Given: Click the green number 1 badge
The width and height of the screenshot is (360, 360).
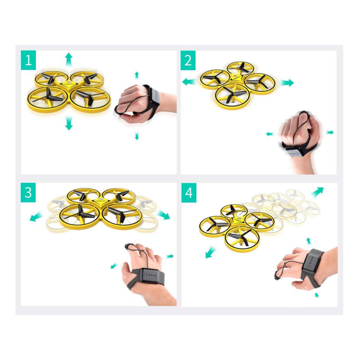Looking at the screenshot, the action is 28,60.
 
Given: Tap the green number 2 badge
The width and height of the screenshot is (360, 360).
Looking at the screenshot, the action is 188,60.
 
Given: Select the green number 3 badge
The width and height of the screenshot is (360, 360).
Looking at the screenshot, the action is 28,192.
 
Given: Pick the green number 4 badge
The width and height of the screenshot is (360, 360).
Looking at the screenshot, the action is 189,193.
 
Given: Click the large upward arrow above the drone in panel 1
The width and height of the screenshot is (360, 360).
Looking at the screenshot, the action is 69,59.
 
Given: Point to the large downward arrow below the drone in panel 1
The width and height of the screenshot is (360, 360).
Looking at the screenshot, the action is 69,123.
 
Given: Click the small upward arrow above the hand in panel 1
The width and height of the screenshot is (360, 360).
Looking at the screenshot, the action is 137,75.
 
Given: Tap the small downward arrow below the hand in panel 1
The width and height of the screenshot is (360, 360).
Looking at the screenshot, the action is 137,136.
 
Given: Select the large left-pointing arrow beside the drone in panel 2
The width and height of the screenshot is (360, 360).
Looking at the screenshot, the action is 189,82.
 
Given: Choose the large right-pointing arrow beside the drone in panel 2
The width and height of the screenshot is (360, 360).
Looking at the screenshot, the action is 287,82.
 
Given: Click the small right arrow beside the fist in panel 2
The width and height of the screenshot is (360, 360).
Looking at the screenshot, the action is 330,133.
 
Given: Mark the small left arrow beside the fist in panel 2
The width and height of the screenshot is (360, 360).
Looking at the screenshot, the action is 270,134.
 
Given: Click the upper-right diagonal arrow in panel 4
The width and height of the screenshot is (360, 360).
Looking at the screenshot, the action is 317,192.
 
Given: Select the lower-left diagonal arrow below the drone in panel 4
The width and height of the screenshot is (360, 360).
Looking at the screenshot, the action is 211,252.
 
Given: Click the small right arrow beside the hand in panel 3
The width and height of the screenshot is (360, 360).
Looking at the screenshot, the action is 170,256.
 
